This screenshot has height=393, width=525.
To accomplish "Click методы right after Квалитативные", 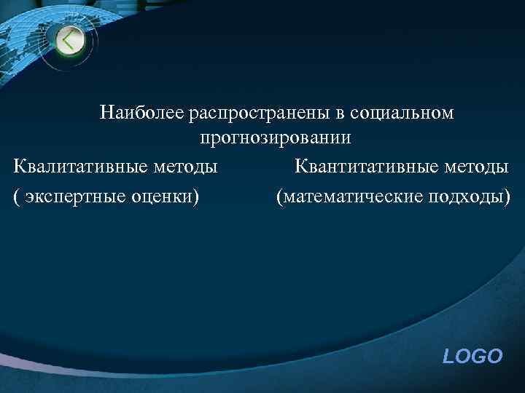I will (187, 167).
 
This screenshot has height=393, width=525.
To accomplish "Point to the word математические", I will (351, 196).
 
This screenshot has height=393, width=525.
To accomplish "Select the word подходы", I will (466, 196).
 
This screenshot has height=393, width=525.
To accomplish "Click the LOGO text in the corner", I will (472, 356).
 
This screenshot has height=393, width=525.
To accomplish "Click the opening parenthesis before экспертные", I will (16, 196).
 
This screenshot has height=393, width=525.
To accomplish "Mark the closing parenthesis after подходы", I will (507, 196).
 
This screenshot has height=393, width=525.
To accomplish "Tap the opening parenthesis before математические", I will (279, 196).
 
